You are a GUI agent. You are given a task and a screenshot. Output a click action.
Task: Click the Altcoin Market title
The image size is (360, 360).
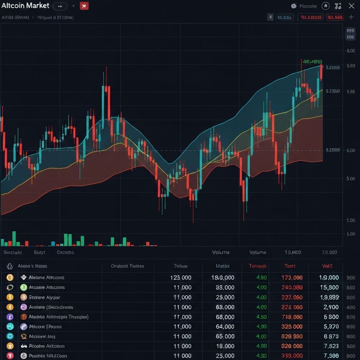[x=25, y=6]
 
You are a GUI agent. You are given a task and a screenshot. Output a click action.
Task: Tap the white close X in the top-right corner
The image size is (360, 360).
[x=351, y=6]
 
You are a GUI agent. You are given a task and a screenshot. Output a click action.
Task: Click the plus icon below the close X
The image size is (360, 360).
[x=351, y=17]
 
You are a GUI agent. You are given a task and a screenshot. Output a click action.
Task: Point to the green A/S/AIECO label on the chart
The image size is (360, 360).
[x=312, y=62]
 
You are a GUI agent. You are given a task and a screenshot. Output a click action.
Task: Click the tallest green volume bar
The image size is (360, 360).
[x=14, y=238]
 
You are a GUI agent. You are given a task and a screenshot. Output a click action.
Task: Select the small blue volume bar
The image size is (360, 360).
[x=53, y=243]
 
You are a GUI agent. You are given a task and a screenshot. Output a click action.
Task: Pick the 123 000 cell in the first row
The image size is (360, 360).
[x=181, y=277]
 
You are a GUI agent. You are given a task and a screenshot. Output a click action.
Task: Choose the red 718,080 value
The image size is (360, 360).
[x=292, y=317]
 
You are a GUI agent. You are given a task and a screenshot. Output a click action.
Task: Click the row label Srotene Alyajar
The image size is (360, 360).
[x=45, y=297]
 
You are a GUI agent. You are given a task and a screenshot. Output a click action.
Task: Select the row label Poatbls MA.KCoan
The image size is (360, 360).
[x=48, y=355]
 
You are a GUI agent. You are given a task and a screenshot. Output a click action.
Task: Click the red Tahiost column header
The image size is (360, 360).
[x=257, y=266]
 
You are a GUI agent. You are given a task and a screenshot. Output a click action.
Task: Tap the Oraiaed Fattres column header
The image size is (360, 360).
[x=127, y=266]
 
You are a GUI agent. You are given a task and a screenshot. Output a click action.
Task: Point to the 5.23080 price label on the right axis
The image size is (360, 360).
[x=333, y=91]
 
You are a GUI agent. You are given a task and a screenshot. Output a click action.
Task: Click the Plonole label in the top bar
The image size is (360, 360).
[x=308, y=6]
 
